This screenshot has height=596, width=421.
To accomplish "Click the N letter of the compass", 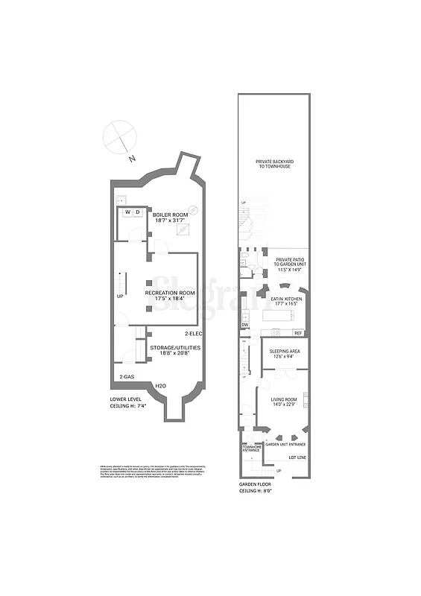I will pyautogui.click(x=132, y=159).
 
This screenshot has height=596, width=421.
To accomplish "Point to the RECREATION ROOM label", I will pyautogui.click(x=170, y=296).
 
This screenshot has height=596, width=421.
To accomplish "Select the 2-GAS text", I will pyautogui.click(x=127, y=377).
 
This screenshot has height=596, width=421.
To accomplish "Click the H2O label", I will pyautogui.click(x=160, y=384).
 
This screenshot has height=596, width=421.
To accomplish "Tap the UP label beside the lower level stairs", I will pyautogui.click(x=120, y=296).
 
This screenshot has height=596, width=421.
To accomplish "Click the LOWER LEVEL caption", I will pyautogui.click(x=124, y=399).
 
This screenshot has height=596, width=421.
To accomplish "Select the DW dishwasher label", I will pyautogui.click(x=244, y=326).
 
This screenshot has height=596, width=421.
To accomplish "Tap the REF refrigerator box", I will pyautogui.click(x=297, y=333).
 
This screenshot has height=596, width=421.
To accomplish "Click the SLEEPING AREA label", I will pyautogui.click(x=283, y=353).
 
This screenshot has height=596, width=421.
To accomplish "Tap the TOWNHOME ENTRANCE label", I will pyautogui.click(x=250, y=448).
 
